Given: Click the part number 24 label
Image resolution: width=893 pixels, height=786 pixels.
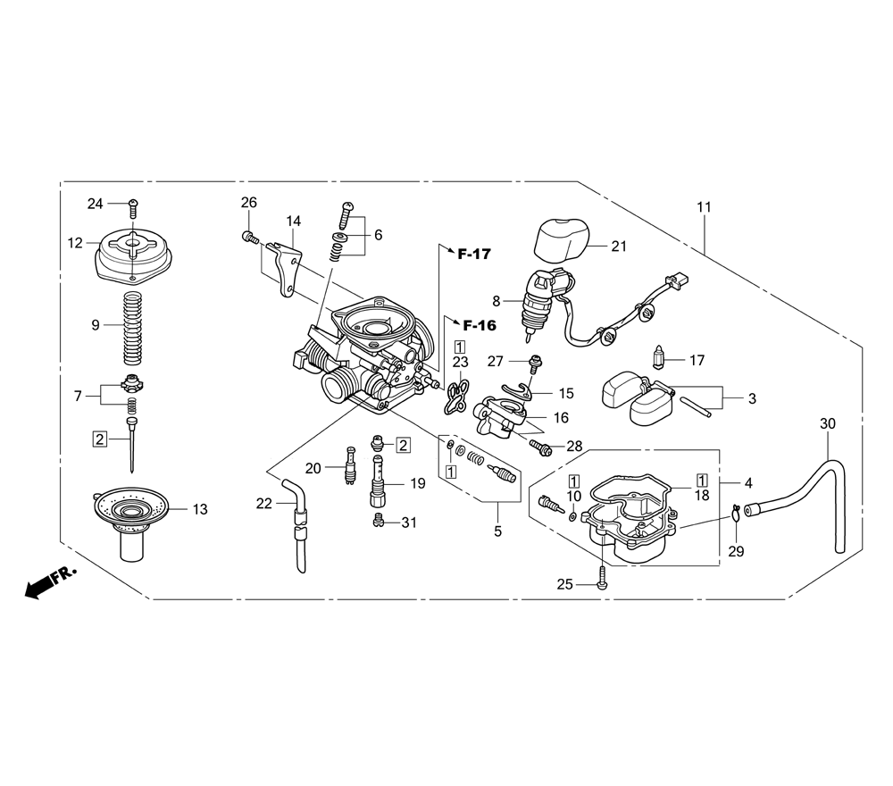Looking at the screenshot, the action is click(96, 204).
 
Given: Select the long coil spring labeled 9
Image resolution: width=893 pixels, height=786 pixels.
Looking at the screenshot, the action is click(133, 328).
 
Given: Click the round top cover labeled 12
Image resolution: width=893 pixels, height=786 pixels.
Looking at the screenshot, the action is click(133, 255).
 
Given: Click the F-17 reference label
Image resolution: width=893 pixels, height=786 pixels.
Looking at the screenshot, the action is click(474, 254).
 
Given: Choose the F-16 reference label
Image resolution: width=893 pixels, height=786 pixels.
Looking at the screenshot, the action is click(479, 325).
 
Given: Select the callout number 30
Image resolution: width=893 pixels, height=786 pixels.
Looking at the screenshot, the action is click(828, 423).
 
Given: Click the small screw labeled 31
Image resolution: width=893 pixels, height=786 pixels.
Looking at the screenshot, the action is click(377, 521).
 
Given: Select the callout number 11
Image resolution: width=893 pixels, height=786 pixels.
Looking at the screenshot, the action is click(705, 207).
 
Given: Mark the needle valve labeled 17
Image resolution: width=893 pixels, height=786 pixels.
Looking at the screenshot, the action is click(658, 358).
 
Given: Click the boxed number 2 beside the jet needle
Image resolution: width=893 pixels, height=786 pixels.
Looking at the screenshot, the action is click(100, 439).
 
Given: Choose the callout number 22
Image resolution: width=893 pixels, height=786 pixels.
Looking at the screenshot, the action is click(264, 504).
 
